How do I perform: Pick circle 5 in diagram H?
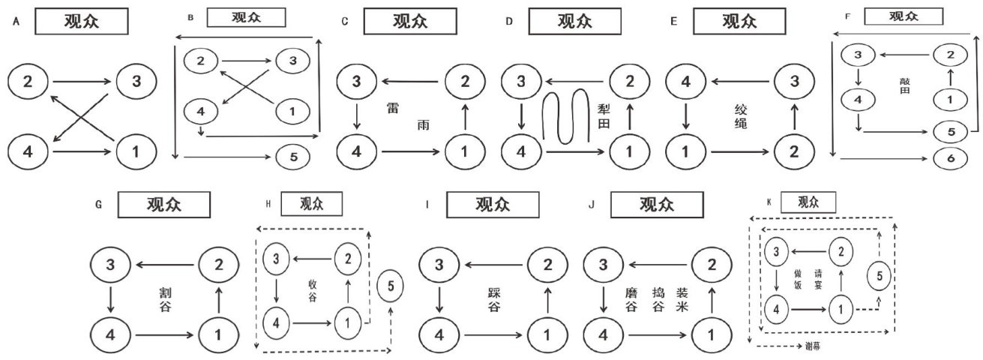(x=394, y=286)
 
